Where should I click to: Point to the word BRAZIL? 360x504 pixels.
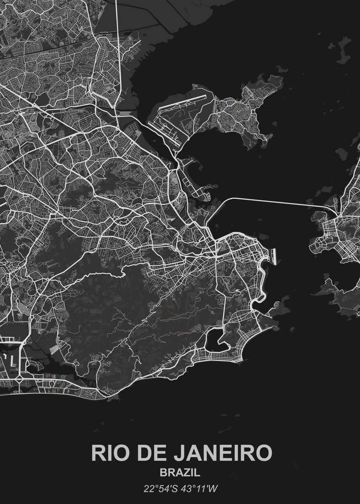[x=180, y=472]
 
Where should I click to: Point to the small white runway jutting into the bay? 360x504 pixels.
[x=274, y=255]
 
